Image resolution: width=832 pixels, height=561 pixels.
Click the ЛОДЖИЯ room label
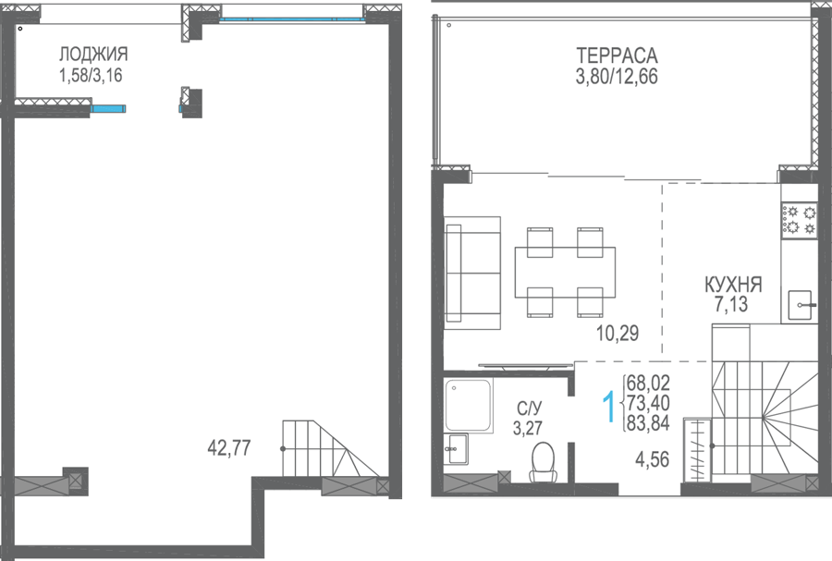pos(93,55)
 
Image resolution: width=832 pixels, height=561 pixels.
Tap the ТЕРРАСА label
pos(617,55)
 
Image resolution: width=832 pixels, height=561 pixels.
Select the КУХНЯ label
pos(733,285)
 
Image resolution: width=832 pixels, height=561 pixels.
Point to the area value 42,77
pos(229,448)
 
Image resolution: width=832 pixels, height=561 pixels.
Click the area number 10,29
pos(618,333)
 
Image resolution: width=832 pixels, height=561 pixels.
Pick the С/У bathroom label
pos(529,409)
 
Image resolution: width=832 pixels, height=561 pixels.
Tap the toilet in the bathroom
pos(543,462)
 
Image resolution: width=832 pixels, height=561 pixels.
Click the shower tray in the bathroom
pos(468,405)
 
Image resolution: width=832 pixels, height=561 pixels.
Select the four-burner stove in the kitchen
pos(799,220)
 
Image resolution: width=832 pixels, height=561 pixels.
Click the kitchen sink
pos(800,305)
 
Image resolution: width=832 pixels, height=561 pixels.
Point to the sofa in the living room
pos(472,273)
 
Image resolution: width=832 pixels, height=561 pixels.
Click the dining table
pos(565,272)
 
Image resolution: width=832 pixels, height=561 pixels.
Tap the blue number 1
pos(609,408)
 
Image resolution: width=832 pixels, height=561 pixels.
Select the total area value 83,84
pos(648,423)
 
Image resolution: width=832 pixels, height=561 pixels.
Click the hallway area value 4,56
pos(652,459)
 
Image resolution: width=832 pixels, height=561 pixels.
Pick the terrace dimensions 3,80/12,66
pos(617,77)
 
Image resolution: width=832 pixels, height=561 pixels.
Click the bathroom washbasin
pos(457,448)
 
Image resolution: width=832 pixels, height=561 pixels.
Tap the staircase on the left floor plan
pos(330,448)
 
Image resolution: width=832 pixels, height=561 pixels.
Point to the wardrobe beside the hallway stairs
pos(698,450)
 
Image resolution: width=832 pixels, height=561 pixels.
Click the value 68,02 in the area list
pos(648,383)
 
